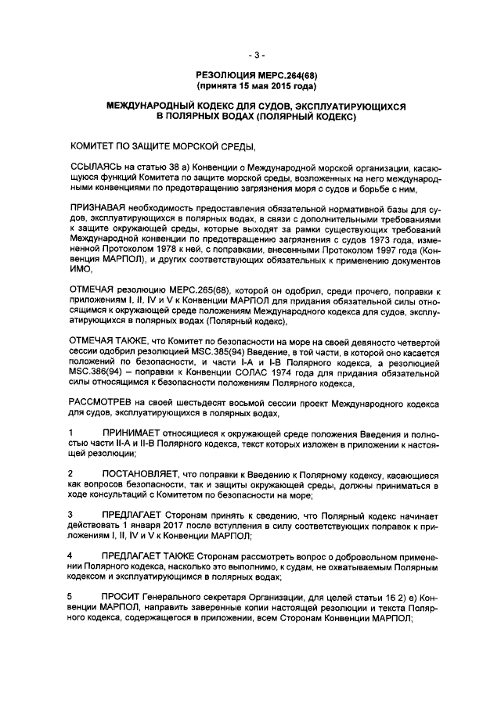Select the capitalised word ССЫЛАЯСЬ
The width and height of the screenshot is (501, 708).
pyautogui.click(x=95, y=167)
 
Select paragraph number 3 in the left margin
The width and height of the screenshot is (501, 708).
pyautogui.click(x=71, y=514)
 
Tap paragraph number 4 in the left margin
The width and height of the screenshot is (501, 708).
pyautogui.click(x=71, y=555)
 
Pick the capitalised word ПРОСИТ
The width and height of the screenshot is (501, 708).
pyautogui.click(x=121, y=595)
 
